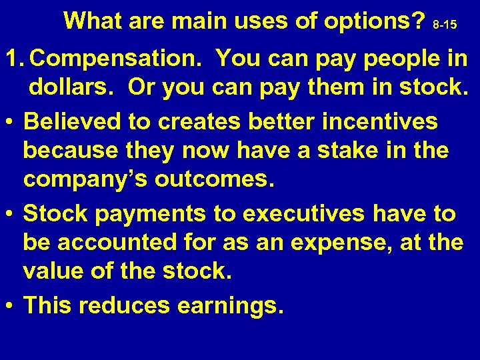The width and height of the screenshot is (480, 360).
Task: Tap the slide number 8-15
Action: pos(445,25)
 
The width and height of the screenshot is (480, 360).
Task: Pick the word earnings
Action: pos(230,306)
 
